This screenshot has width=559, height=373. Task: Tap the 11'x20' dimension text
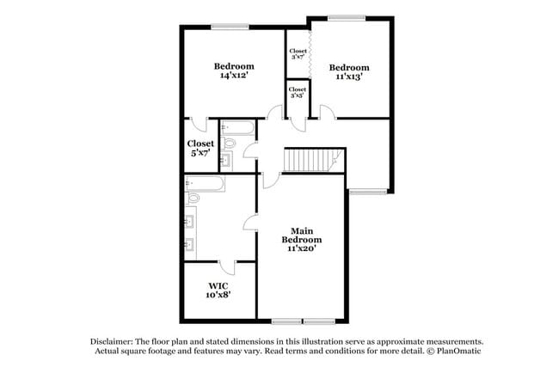point(305,248)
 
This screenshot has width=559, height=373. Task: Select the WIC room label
point(218,285)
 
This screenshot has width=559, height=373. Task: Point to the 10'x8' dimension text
point(218,295)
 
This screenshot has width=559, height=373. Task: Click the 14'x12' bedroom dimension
point(234,76)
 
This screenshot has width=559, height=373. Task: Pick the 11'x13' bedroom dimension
point(348,76)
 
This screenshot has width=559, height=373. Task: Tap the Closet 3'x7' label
point(298,53)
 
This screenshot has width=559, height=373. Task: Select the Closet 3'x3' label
point(298,92)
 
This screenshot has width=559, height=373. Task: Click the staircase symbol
point(314,160)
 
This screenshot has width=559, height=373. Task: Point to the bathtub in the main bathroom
point(206,183)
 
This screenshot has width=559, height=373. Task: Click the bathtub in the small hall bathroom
point(237,128)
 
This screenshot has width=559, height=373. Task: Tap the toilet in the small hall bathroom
point(229,144)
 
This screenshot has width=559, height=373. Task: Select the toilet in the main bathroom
point(193,198)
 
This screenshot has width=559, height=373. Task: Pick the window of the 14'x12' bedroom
point(225,26)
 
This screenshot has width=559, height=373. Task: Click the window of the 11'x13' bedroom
point(346,16)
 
